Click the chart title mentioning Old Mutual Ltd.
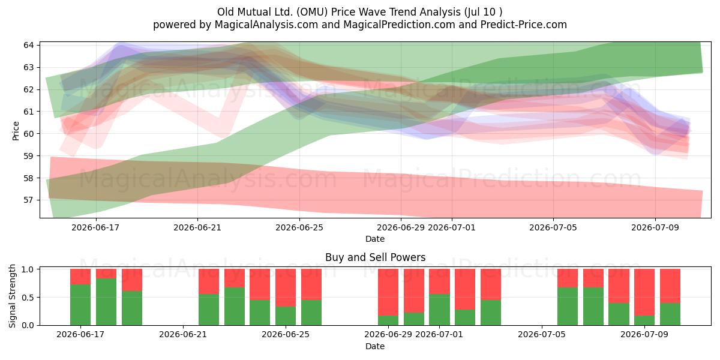coord(359,12)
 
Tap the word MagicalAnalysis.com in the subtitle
coord(266,25)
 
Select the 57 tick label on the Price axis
coord(29,200)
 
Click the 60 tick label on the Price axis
coord(29,134)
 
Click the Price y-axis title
coord(16,131)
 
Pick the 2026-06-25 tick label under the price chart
coord(299,227)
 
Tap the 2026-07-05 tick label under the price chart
coord(553,227)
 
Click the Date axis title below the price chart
coord(375,239)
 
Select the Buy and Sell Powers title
coord(375,257)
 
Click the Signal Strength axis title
coord(12,296)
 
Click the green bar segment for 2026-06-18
coord(106,302)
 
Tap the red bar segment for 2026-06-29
coord(388,292)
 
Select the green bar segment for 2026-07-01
coord(439,310)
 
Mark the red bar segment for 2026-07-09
coord(644,292)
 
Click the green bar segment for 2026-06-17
coord(80,305)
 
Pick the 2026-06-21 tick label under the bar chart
coord(183,335)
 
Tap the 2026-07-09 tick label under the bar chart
coord(644,335)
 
